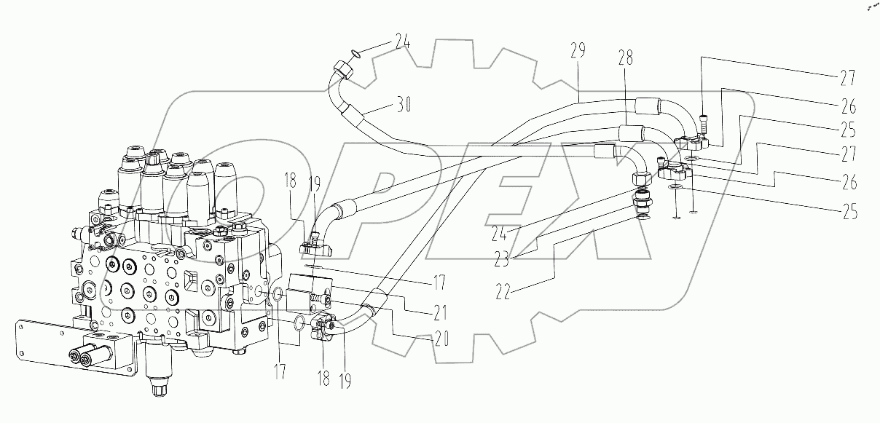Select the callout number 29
[579, 52]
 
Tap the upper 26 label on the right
[847, 106]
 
